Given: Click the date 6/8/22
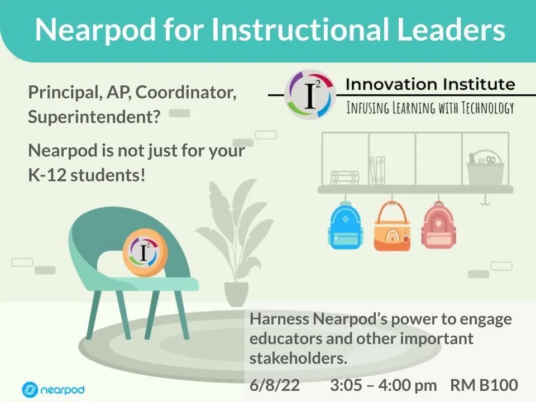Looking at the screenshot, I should [275, 385].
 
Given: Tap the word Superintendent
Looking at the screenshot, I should [94, 117].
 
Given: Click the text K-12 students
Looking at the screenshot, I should [87, 175].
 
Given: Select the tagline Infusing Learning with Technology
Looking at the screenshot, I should [430, 107].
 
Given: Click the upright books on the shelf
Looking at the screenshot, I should [379, 170].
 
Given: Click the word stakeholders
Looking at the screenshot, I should [298, 358].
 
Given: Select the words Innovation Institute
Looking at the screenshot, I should [430, 84].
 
